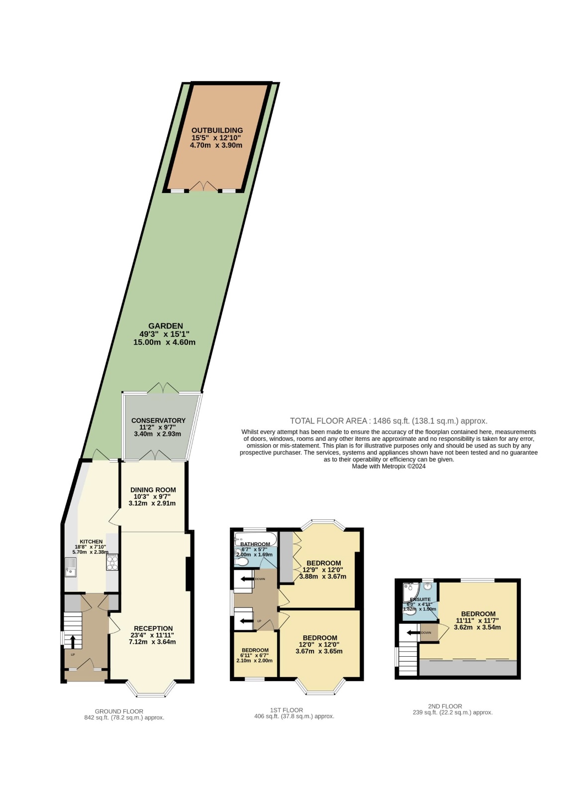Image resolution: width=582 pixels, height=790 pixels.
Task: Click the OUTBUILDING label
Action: (x=217, y=130)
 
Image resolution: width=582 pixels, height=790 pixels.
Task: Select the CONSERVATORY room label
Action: (x=158, y=420)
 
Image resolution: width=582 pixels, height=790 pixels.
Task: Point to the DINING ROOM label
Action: (x=153, y=490)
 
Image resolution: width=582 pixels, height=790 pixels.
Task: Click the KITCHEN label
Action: (x=91, y=542)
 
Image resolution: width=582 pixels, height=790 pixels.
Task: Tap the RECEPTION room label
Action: (x=153, y=628)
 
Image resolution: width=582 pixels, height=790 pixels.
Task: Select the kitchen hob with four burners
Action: (x=112, y=562)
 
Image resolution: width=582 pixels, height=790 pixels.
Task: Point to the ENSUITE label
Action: (x=420, y=599)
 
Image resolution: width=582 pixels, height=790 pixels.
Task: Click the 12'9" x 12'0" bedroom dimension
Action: (x=323, y=569)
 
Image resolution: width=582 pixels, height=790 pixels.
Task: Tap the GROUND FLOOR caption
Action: (x=119, y=711)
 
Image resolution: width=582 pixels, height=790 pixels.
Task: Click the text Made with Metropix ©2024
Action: (x=388, y=466)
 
